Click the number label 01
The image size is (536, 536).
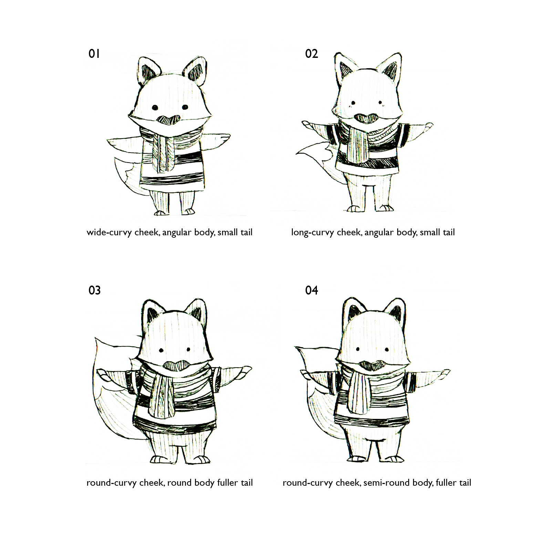(x=94, y=54)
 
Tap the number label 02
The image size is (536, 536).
(x=311, y=54)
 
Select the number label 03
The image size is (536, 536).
(x=94, y=290)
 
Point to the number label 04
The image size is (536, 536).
(x=311, y=290)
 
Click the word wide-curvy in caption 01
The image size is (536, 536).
(x=109, y=233)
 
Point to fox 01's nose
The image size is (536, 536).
(x=168, y=120)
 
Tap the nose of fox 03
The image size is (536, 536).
(x=175, y=365)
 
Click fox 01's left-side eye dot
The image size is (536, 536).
(x=155, y=107)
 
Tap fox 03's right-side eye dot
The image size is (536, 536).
(x=188, y=350)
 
